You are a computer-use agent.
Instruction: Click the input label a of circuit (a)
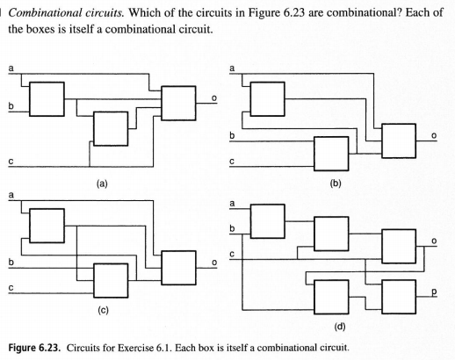point(11,68)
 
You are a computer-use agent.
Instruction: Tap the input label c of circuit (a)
point(11,162)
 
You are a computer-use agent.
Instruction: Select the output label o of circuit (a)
point(214,98)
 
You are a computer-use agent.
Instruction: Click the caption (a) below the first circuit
point(102,184)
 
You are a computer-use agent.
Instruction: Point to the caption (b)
point(336,184)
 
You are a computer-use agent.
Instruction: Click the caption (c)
point(103,310)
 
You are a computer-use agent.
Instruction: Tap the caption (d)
point(340,327)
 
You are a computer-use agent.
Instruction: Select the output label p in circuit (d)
point(434,292)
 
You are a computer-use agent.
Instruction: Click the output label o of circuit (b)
point(434,136)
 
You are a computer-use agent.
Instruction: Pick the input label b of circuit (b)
point(232,135)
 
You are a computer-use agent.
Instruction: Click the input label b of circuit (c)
point(11,262)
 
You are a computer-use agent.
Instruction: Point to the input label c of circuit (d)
point(232,255)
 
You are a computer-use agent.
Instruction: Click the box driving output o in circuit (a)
point(178,103)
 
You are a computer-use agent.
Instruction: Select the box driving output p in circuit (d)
point(399,297)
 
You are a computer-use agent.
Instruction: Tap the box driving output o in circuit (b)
point(399,140)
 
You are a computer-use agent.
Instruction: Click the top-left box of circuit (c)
point(47,226)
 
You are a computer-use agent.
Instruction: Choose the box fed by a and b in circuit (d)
point(267,221)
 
